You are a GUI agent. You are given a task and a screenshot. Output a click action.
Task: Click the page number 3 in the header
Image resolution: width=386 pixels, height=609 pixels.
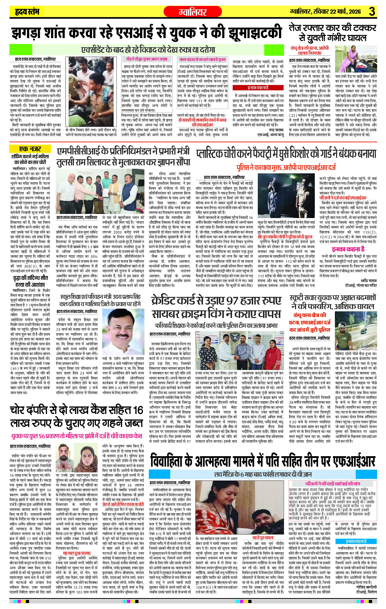372,12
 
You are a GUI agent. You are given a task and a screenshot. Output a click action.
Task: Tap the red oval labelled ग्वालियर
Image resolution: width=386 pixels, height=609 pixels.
193,12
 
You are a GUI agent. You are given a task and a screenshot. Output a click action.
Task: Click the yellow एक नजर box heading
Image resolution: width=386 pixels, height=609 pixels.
30,149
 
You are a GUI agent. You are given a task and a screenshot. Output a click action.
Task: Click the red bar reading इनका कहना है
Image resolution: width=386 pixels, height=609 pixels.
258,88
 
